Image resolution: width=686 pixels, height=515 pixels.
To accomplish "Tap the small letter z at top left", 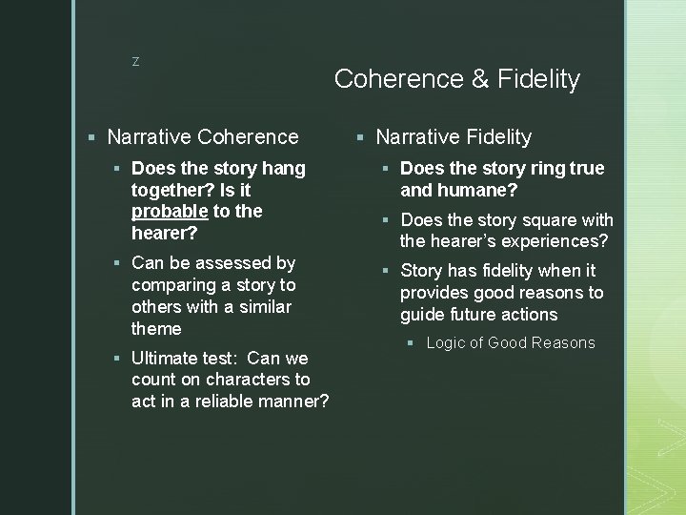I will [135, 62].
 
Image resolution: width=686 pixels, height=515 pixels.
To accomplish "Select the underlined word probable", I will [168, 211].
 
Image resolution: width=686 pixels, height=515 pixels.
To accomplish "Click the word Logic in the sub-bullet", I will [445, 343].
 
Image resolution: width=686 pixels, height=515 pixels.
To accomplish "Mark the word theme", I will [156, 329].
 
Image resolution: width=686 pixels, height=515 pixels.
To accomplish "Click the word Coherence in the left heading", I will [245, 137].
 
